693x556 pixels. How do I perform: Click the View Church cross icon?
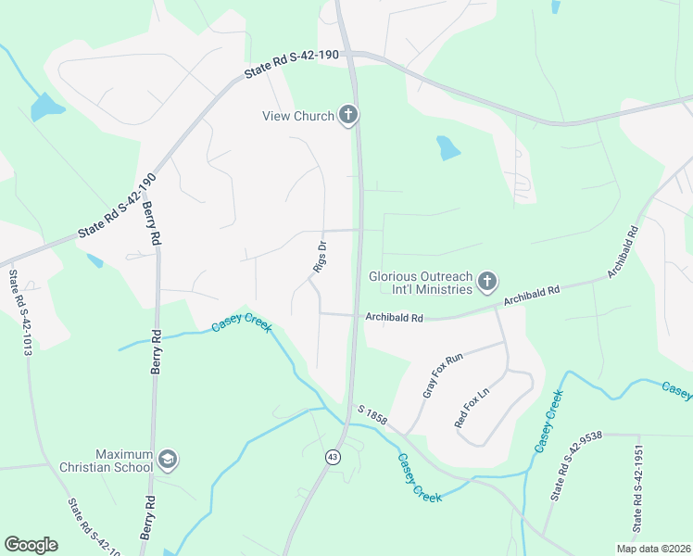[348, 116]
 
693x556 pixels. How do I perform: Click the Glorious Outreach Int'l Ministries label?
[422, 283]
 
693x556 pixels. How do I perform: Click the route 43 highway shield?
[332, 457]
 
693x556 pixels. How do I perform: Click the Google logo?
[31, 545]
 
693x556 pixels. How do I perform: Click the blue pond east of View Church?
[447, 147]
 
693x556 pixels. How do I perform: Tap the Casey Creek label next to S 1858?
[419, 478]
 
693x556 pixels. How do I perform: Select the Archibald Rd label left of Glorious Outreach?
[394, 318]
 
